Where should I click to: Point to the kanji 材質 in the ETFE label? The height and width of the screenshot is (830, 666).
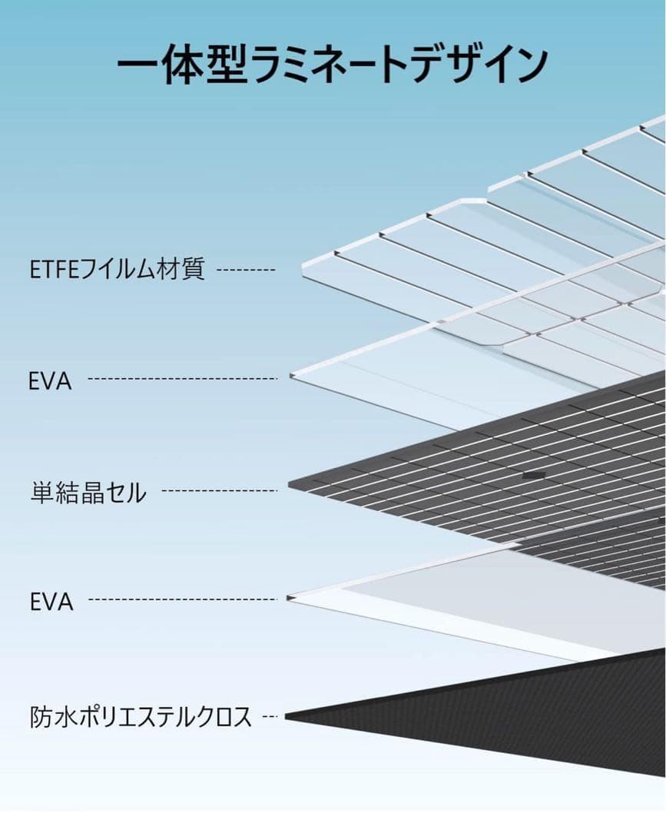point(184,271)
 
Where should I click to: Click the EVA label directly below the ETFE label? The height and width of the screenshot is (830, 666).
point(50,380)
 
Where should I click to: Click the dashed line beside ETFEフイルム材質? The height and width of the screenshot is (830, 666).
point(246,271)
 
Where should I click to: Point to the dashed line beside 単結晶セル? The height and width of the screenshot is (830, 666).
point(220,490)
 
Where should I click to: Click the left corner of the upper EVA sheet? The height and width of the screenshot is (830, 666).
point(292,375)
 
